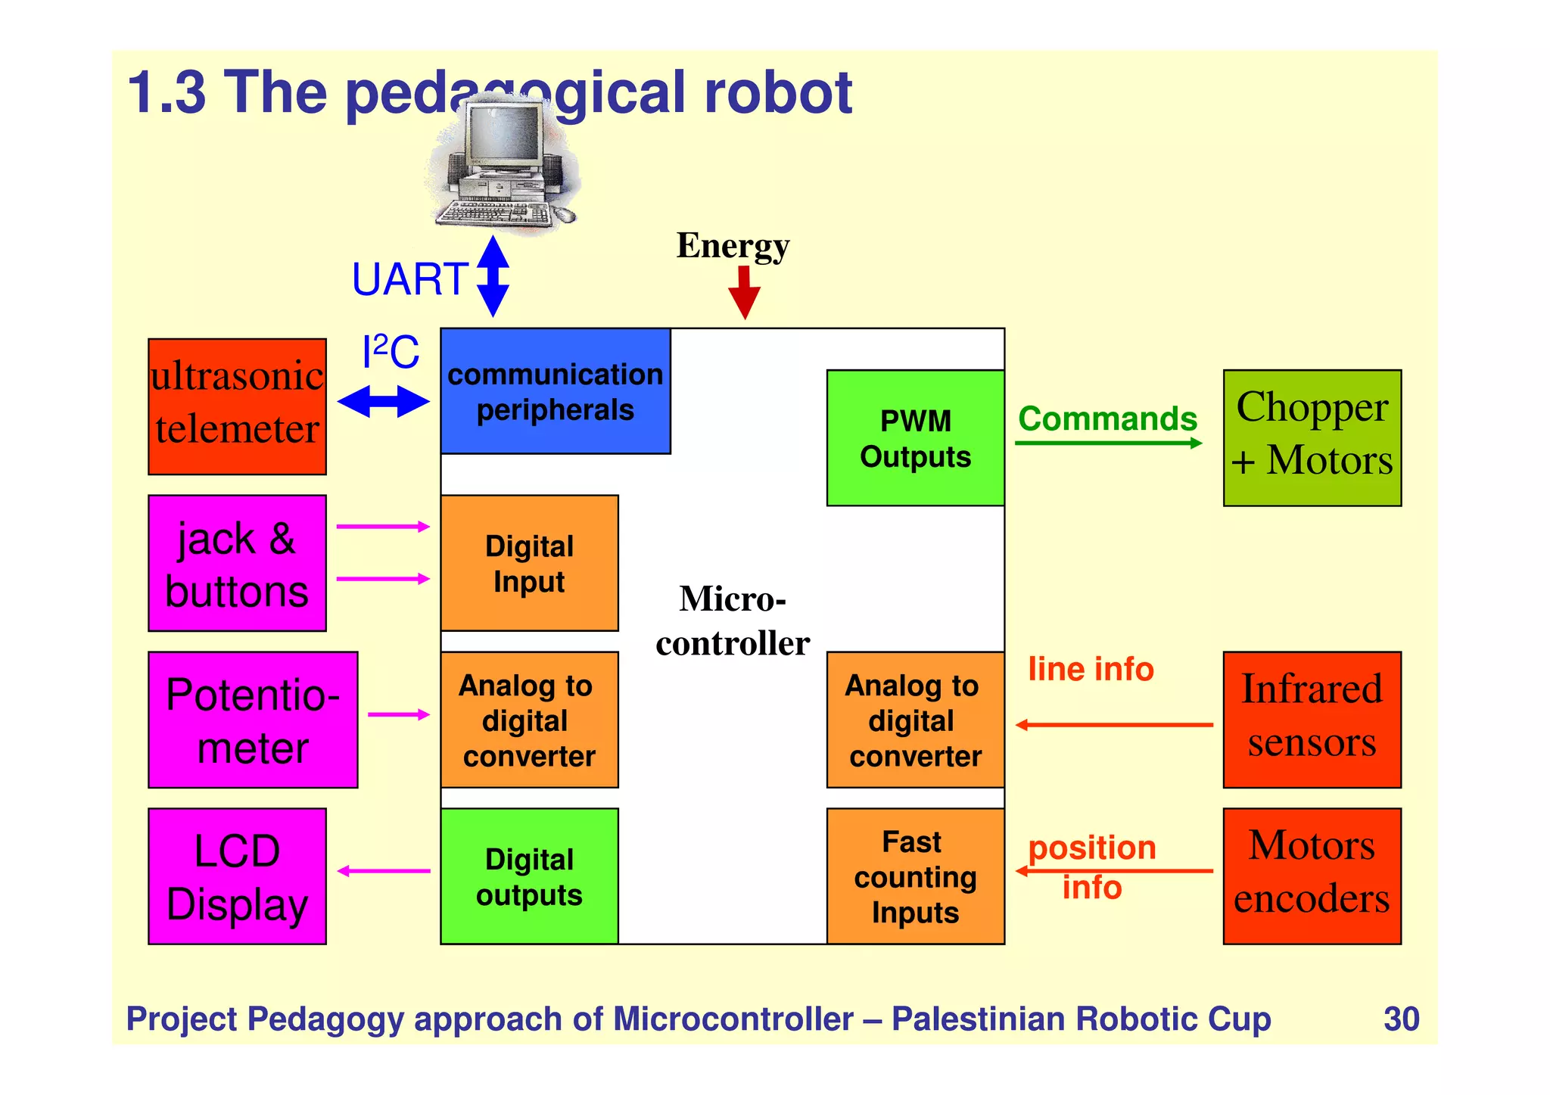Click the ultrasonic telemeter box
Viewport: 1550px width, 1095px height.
click(237, 406)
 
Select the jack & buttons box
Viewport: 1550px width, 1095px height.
click(237, 563)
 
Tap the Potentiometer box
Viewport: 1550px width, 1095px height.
click(253, 720)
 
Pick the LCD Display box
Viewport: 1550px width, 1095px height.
click(237, 876)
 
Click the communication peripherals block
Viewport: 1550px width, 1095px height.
click(556, 391)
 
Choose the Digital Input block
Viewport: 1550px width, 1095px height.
click(529, 563)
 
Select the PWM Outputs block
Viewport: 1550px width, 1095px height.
click(915, 438)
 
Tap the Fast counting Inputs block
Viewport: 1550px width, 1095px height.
click(915, 876)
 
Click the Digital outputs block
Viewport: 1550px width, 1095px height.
click(529, 876)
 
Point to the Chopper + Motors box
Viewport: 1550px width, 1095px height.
click(1312, 438)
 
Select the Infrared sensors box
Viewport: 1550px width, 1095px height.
click(1312, 720)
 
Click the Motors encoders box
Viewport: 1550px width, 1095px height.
click(1312, 876)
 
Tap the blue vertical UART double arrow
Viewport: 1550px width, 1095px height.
click(493, 276)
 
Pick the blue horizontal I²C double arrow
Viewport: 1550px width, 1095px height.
click(383, 401)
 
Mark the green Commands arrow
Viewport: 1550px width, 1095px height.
click(1108, 443)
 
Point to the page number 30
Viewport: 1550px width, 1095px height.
click(1401, 1019)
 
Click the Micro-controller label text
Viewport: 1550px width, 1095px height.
click(733, 621)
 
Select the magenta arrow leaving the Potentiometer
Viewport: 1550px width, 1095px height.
click(399, 714)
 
